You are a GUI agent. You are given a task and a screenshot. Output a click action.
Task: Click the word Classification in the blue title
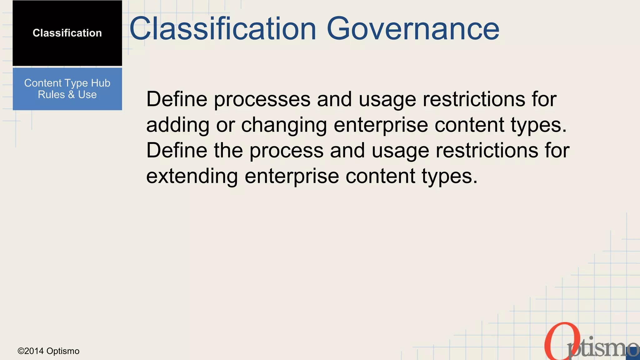[x=223, y=29]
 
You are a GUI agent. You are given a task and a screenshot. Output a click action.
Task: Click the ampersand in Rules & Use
[x=71, y=95]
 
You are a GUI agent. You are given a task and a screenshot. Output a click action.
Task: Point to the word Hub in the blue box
[x=101, y=83]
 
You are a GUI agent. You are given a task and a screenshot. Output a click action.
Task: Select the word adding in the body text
[x=177, y=125]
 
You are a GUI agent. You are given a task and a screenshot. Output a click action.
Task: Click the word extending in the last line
[x=192, y=176]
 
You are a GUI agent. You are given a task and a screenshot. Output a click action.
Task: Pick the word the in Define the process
[x=228, y=150]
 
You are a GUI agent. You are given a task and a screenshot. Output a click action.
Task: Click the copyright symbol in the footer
[x=21, y=351]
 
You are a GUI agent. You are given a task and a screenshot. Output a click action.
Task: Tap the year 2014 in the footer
[x=34, y=351]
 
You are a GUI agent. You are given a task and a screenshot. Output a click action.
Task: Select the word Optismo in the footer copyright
[x=63, y=351]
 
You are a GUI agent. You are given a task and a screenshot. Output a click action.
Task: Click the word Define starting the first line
[x=177, y=99]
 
